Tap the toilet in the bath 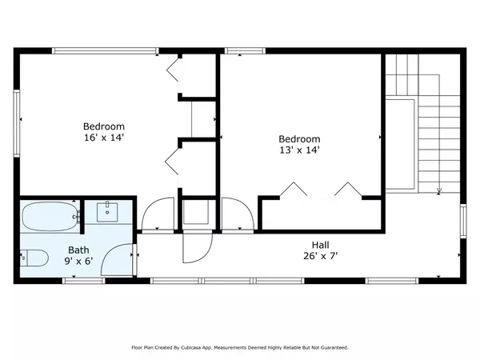pos(34,258)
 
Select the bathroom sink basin pos(107,212)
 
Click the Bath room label pos(78,250)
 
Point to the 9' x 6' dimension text pos(78,261)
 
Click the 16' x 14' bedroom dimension pos(104,138)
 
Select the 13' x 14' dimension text pos(300,150)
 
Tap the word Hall pos(321,245)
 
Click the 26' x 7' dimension pos(321,256)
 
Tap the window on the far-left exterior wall pos(17,123)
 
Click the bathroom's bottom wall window pos(83,281)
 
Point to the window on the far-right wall pos(463,221)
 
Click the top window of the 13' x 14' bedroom pos(245,51)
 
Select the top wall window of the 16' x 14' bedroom pos(106,51)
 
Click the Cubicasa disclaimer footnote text pos(240,347)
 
